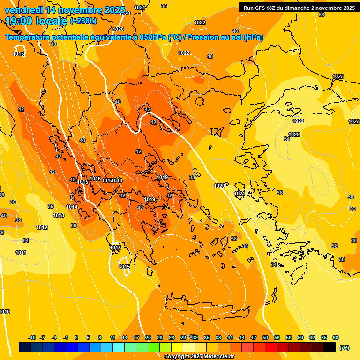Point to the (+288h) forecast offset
[83, 21]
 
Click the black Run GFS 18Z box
[299, 7]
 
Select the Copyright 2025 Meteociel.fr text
[199, 357]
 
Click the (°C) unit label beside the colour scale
[344, 348]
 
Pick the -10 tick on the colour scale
[32, 337]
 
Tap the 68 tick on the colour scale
[336, 337]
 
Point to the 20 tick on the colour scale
[148, 337]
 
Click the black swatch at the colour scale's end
[330, 347]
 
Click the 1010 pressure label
[5, 312]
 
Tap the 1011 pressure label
[21, 253]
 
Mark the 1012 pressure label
[42, 227]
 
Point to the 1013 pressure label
[59, 215]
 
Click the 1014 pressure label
[72, 207]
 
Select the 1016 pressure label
[95, 179]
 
